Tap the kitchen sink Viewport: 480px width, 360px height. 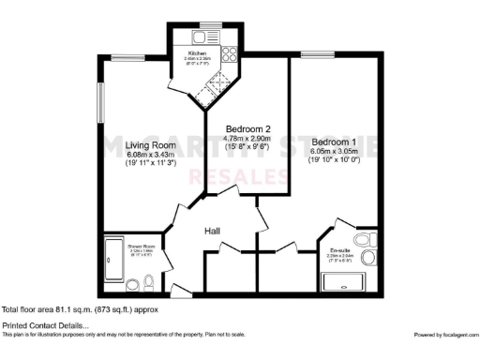[x=200, y=37]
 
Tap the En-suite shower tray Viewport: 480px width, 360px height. [x=341, y=280]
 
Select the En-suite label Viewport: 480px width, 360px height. [x=339, y=251]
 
